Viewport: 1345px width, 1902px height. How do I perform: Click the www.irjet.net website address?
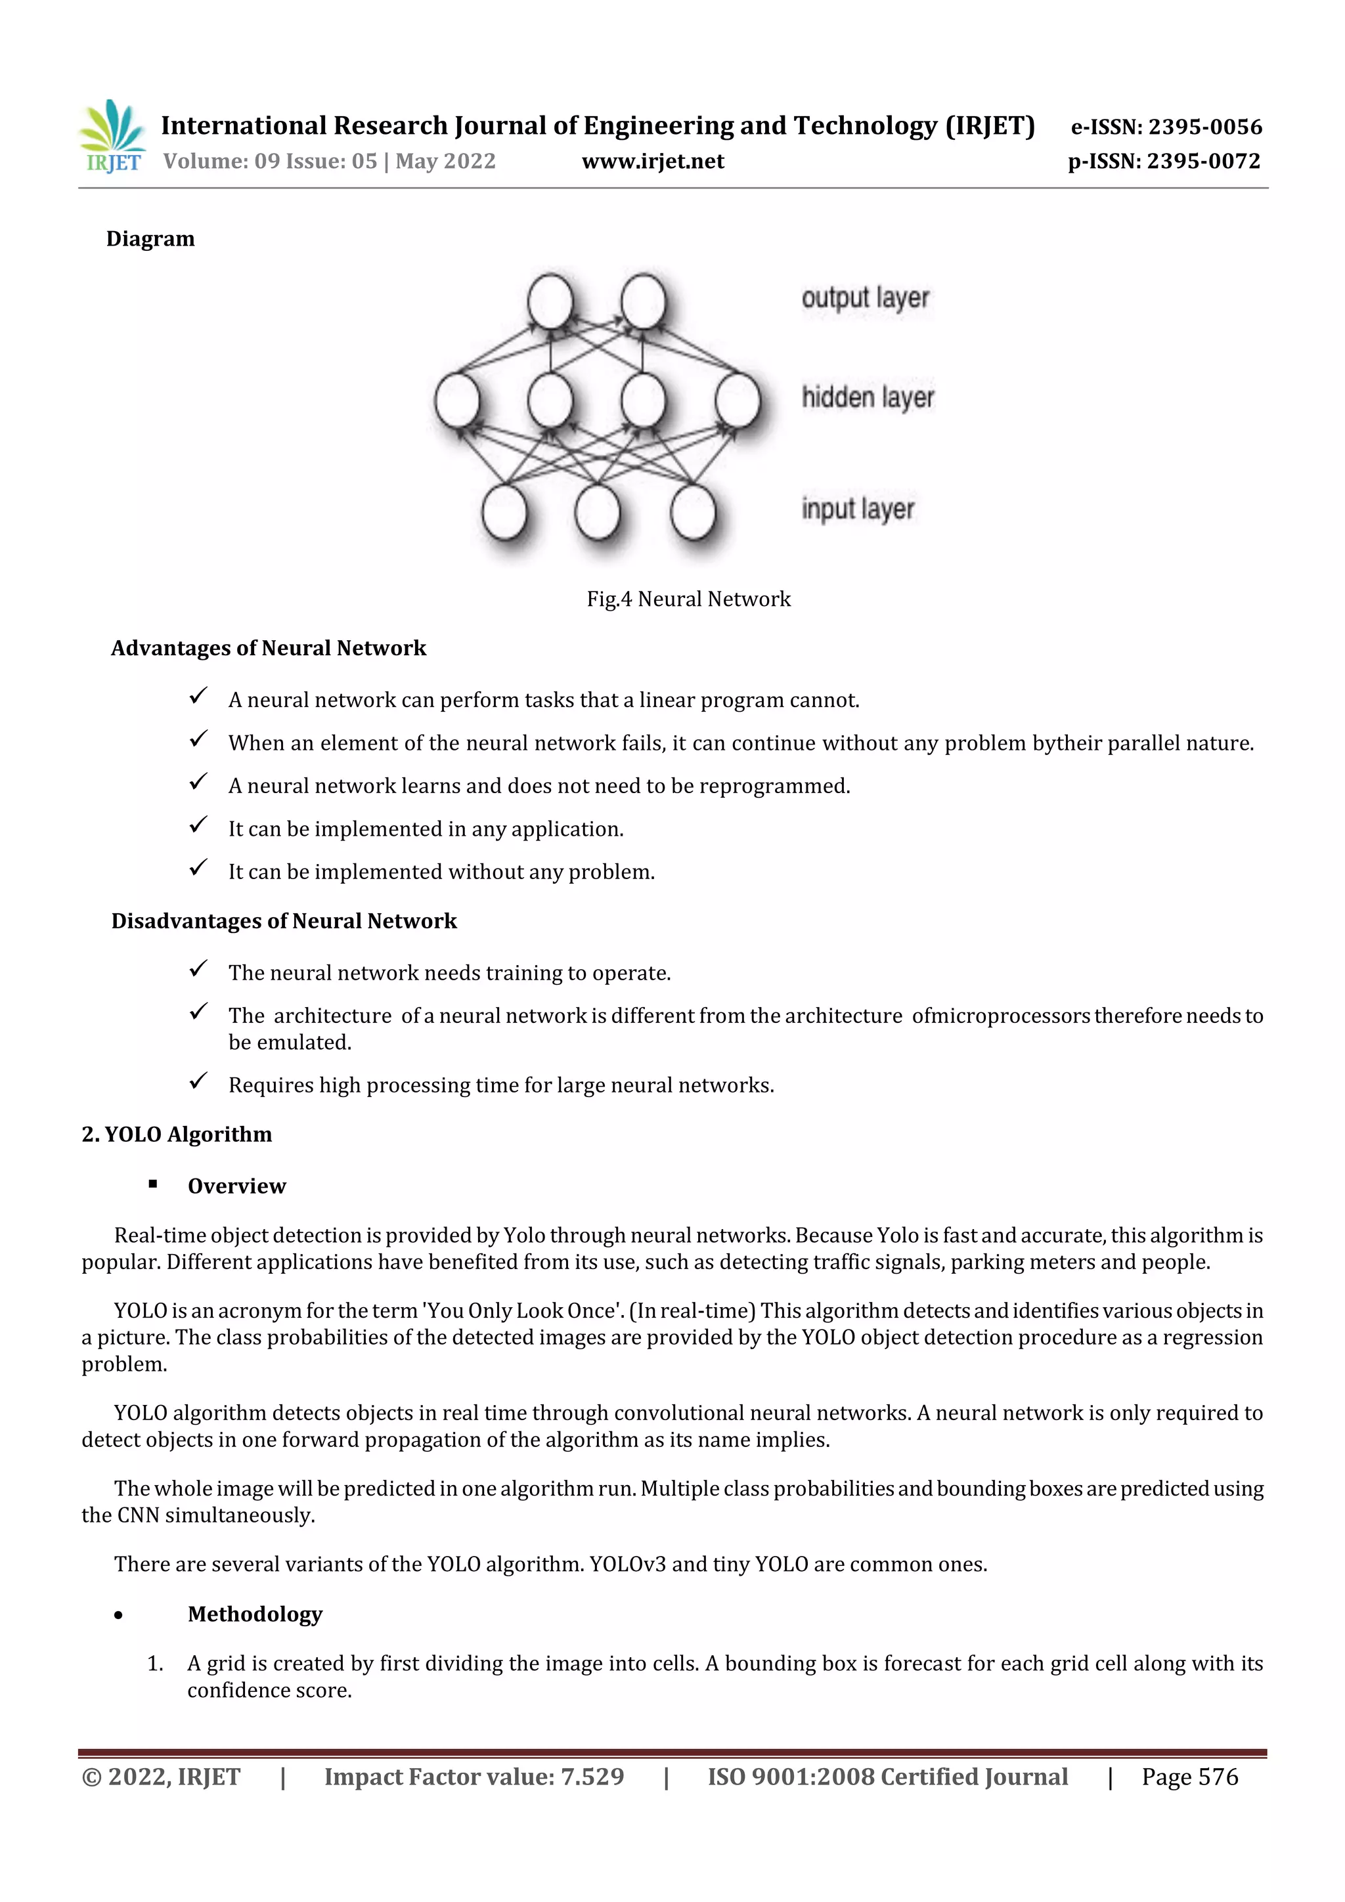click(x=652, y=162)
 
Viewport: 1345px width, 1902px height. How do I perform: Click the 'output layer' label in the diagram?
click(x=864, y=298)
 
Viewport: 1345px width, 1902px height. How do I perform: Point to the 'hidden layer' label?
click(x=867, y=399)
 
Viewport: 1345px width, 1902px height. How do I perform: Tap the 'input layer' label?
click(x=858, y=509)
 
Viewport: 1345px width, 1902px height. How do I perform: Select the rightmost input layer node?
click(x=692, y=512)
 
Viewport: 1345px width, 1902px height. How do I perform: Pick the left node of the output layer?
click(x=550, y=301)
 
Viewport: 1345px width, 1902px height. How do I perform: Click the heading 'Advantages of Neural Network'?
click(x=269, y=648)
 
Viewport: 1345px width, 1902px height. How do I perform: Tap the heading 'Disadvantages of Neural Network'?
click(x=284, y=921)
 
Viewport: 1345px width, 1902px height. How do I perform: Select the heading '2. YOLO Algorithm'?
click(x=177, y=1134)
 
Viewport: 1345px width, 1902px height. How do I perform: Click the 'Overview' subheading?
click(x=236, y=1186)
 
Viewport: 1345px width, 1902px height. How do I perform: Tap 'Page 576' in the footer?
click(x=1189, y=1777)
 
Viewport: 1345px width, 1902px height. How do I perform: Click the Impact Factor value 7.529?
click(x=592, y=1777)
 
